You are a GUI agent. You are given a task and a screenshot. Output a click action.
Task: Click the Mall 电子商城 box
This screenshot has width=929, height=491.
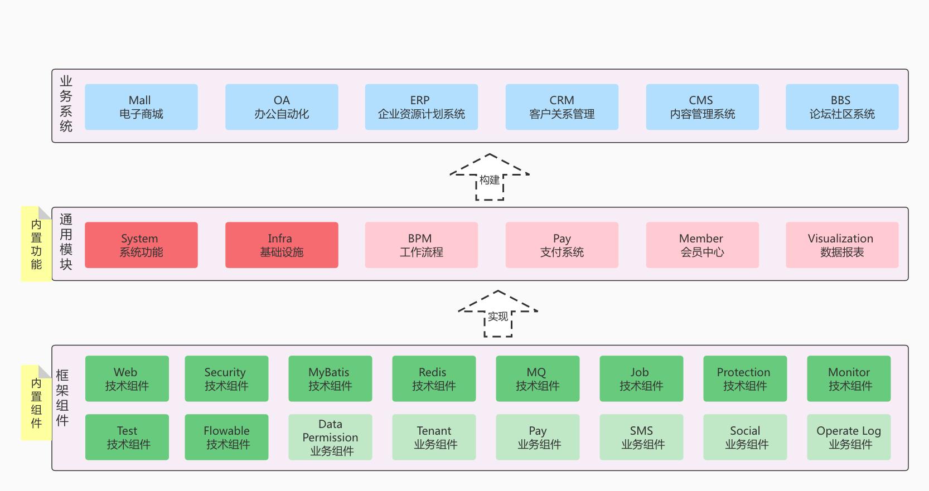pos(141,107)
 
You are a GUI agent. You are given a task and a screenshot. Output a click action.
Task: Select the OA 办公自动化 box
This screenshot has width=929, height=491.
pos(282,107)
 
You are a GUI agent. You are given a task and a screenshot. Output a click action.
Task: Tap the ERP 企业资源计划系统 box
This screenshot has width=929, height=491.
pos(421,107)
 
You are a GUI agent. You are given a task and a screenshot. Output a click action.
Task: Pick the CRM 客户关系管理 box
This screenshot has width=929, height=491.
pos(562,107)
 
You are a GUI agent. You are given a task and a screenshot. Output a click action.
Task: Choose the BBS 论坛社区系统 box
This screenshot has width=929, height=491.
pos(841,107)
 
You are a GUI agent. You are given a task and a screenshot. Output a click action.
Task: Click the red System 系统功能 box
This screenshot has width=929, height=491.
pos(141,245)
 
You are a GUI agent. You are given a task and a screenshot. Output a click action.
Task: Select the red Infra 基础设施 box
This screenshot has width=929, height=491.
pos(282,245)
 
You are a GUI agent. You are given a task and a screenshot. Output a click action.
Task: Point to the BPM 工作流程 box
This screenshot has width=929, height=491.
pos(421,245)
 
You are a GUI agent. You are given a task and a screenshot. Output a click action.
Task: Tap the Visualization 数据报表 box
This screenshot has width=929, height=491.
pos(841,245)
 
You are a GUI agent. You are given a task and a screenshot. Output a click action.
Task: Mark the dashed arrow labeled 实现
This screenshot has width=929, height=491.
pos(498,314)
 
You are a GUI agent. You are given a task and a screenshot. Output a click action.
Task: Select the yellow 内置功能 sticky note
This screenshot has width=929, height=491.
pos(36,244)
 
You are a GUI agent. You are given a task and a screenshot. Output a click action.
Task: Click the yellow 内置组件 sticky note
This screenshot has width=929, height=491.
pos(36,403)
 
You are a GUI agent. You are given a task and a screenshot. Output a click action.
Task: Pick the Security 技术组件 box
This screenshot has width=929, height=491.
pos(226,379)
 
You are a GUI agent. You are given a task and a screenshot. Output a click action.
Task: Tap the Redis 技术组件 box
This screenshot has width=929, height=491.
pos(434,379)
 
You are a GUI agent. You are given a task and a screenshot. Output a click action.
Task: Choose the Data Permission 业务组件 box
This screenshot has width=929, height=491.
pos(330,437)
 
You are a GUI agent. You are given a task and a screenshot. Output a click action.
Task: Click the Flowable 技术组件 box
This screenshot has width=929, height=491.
pos(226,437)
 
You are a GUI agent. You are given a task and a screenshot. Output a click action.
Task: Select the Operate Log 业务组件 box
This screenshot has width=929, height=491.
pos(849,437)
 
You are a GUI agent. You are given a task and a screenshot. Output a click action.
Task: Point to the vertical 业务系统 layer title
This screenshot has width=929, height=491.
pos(66,104)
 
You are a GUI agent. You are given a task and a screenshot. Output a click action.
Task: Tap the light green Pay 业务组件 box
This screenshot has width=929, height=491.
pos(538,437)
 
